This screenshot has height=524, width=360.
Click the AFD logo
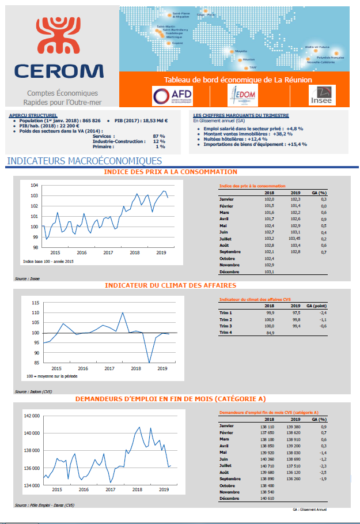173,95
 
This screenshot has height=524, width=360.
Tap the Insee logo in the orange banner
321,95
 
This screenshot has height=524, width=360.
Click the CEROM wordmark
60,70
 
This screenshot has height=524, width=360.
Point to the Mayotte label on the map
241,51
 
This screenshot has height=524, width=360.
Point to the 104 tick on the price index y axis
34,185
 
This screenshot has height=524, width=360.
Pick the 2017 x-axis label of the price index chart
108,252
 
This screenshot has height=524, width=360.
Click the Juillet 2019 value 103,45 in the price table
294,238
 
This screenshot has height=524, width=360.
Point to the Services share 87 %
159,136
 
